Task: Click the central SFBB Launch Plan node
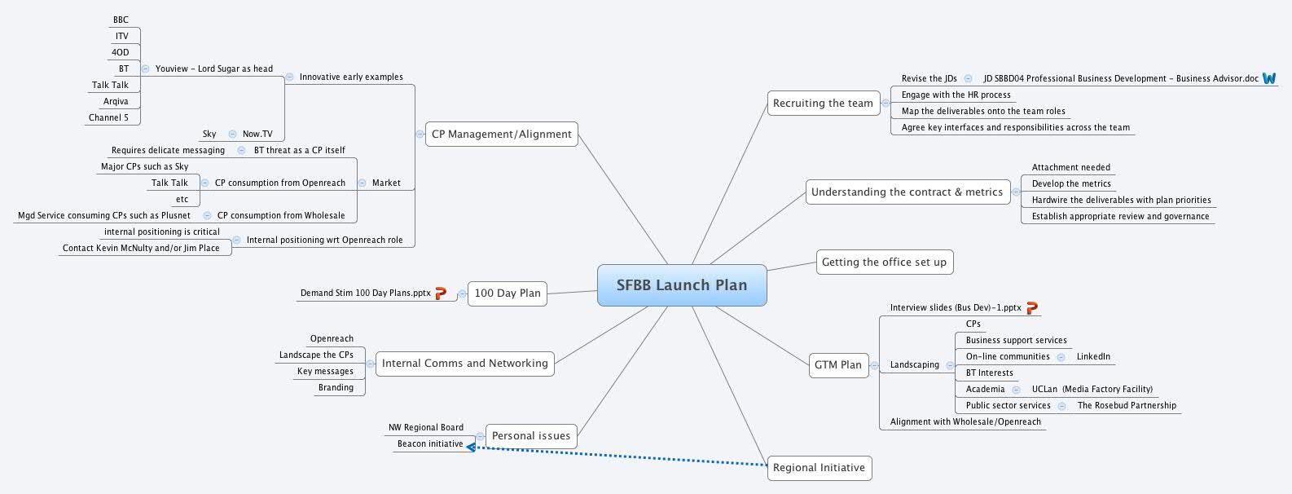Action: (682, 285)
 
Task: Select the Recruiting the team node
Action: (823, 104)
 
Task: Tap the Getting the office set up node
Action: (884, 262)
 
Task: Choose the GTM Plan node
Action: (837, 365)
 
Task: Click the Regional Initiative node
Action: (819, 468)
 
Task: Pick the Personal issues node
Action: (531, 436)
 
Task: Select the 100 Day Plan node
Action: (507, 293)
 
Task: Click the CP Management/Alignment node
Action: (501, 135)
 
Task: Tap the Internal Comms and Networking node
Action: (464, 364)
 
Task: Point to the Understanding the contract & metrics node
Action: (907, 192)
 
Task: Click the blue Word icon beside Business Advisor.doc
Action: (1269, 78)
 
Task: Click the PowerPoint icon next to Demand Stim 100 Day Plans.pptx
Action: (441, 293)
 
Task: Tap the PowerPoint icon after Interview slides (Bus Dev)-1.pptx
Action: (1031, 307)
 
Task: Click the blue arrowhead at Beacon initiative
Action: (472, 446)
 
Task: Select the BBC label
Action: (121, 20)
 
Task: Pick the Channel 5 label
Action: (108, 118)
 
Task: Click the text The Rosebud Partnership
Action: (1127, 406)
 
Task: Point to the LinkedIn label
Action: (1093, 357)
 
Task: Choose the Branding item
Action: (336, 388)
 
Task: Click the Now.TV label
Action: (257, 135)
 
